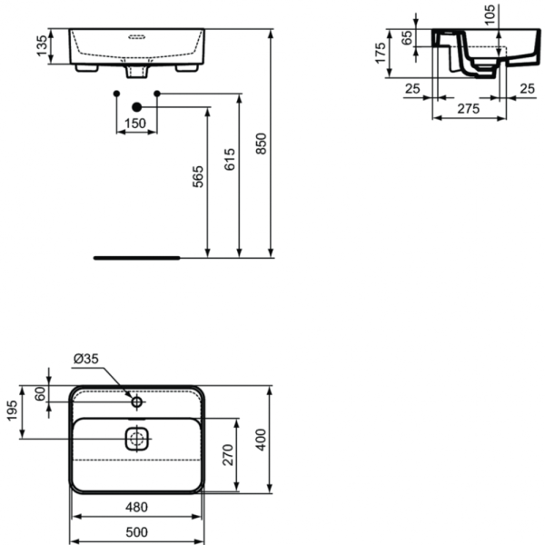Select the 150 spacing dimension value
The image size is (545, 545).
click(135, 124)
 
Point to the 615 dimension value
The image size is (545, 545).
click(229, 160)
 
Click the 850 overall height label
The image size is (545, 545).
click(262, 145)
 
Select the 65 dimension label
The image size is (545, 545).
click(406, 39)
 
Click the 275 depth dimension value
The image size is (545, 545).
click(469, 108)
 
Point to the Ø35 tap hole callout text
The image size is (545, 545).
click(84, 359)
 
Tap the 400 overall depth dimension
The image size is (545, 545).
click(262, 442)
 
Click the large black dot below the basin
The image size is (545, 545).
click(136, 105)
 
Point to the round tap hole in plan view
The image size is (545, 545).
click(136, 401)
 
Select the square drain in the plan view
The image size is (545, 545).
click(136, 438)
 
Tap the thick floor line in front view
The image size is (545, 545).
click(136, 257)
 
